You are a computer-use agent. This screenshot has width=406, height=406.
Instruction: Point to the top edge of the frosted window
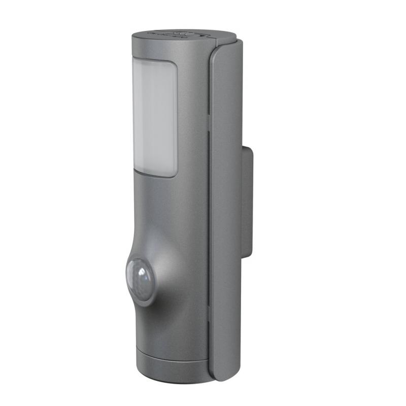pos(155,60)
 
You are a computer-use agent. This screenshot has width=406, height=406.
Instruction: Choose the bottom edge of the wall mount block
pos(247,257)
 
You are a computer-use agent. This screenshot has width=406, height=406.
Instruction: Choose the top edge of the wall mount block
pos(247,147)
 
